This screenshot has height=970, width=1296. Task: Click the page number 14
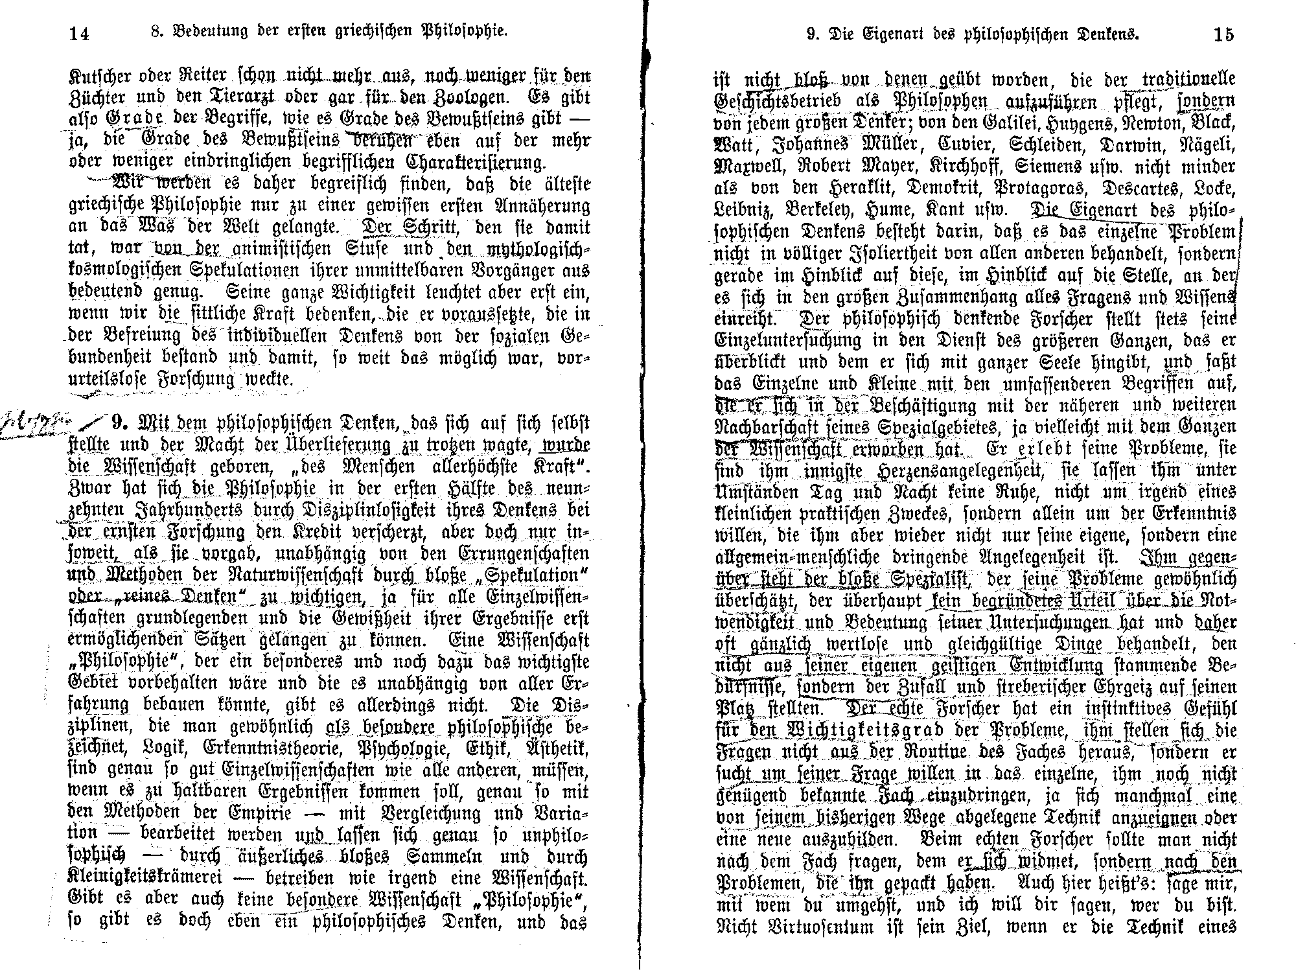coord(79,34)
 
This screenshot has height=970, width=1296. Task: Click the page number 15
coord(1223,34)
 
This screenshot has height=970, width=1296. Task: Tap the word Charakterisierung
coord(476,161)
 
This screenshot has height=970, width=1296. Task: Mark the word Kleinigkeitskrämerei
coord(146,879)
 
